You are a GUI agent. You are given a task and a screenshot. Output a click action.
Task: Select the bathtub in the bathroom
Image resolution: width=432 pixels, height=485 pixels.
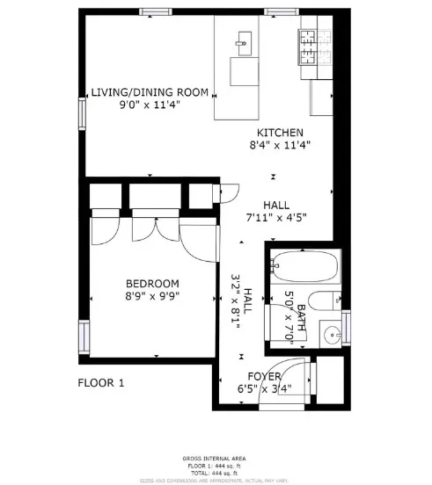(304, 265)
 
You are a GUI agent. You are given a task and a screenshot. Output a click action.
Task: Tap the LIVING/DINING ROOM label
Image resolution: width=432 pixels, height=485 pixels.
(150, 92)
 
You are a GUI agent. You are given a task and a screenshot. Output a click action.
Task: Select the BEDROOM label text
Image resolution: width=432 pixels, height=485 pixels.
(152, 283)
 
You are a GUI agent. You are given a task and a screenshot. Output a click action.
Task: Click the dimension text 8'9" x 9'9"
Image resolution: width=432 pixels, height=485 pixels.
(152, 297)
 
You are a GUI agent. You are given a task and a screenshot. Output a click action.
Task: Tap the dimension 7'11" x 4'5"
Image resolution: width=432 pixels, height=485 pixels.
(275, 218)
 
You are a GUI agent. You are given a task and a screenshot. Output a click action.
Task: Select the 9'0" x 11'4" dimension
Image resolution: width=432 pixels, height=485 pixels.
(150, 105)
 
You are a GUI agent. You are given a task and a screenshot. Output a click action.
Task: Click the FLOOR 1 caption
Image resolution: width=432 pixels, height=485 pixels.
(102, 382)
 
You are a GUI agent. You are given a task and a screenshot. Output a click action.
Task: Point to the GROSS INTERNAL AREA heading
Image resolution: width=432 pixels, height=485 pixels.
(216, 459)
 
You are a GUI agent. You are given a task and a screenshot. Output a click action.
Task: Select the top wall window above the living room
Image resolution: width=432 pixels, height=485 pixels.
(155, 11)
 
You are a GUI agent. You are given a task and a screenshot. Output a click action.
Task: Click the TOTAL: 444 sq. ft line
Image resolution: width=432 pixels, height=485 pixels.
(216, 473)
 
